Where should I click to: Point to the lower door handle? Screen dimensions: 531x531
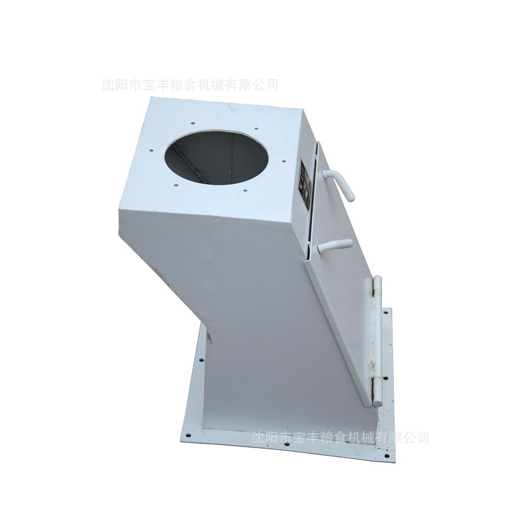[335, 245]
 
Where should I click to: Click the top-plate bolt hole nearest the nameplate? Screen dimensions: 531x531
[283, 161]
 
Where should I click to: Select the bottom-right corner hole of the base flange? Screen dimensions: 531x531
[387, 455]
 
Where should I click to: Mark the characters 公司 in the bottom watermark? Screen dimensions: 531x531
[416, 438]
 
